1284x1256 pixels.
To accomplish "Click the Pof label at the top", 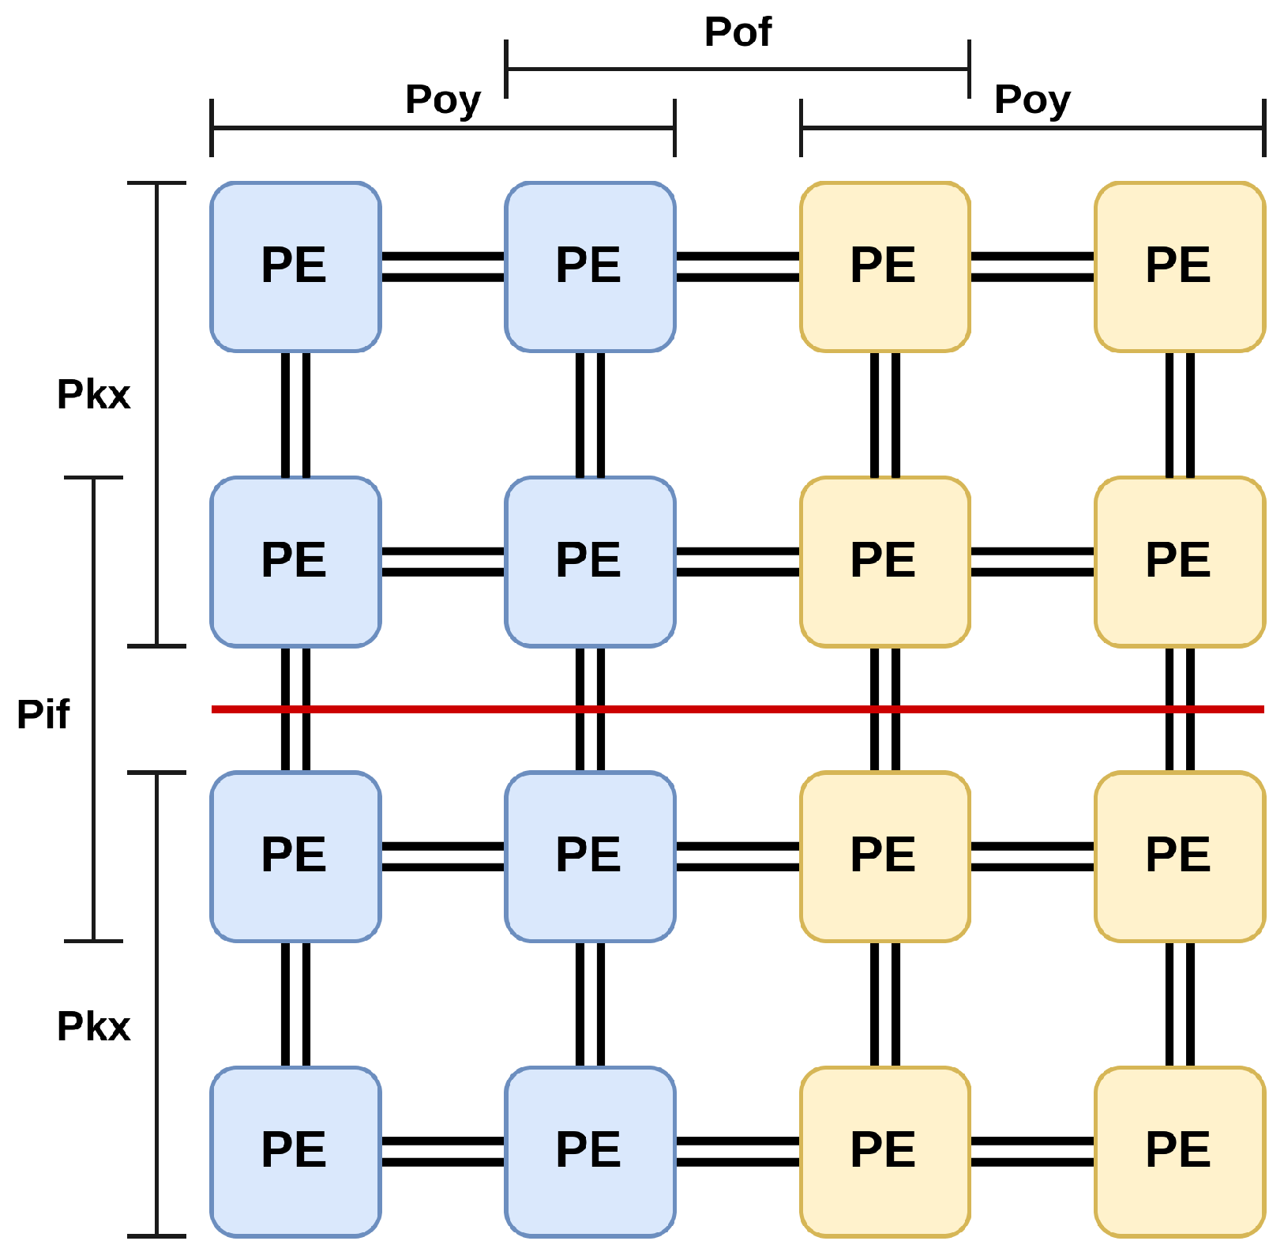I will click(x=738, y=33).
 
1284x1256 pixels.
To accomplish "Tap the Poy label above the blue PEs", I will click(x=442, y=100).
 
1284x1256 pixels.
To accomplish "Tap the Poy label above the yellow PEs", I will click(x=1032, y=100).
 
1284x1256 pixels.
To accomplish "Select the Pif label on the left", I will click(x=43, y=714).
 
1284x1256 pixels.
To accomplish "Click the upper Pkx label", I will click(x=93, y=394).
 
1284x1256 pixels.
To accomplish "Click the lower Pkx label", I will click(x=93, y=1027).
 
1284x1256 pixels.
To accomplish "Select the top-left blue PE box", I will click(x=295, y=267).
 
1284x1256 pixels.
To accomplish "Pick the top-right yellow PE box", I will click(x=1180, y=267).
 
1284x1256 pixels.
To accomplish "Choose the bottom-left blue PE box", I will click(x=295, y=1152).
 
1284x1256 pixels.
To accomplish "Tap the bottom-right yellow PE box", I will click(x=1180, y=1152).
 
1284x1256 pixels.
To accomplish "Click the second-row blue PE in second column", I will click(x=590, y=562).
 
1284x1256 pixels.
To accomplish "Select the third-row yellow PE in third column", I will click(x=884, y=856).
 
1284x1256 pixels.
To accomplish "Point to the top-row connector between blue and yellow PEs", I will click(x=738, y=267).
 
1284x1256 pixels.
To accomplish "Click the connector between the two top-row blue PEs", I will click(x=442, y=267).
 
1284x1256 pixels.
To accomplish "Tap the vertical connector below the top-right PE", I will click(x=1180, y=414).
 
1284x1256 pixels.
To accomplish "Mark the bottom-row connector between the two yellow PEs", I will click(x=1032, y=1152).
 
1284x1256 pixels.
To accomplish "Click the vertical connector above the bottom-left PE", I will click(x=295, y=1004).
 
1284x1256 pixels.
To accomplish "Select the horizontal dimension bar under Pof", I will click(x=738, y=70).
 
